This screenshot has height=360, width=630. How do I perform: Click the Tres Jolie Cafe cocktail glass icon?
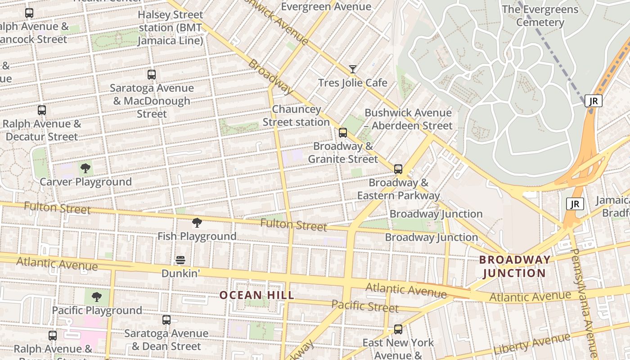pos(353,69)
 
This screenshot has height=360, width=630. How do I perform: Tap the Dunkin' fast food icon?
pos(180,260)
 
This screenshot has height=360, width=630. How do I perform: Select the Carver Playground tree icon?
pos(85,169)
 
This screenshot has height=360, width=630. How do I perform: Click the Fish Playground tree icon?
pos(197,223)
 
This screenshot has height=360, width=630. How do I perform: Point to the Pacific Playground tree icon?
pos(96,297)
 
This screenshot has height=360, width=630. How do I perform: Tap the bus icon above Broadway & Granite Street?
pos(343,133)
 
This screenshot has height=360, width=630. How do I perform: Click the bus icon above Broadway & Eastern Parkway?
pos(398,169)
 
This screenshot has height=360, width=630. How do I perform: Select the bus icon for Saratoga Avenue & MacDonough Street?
pos(152,75)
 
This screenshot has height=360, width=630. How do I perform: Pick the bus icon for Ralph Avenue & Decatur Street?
pos(42,110)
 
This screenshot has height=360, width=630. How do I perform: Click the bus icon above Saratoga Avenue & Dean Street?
pos(166,320)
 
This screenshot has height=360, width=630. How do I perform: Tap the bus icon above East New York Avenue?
pos(398,329)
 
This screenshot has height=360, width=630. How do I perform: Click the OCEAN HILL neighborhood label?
pos(256,295)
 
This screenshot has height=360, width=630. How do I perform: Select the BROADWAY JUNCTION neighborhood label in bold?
pos(514,266)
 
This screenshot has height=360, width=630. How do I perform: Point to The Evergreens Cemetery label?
pos(540,16)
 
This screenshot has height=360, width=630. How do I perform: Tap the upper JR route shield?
pos(593,101)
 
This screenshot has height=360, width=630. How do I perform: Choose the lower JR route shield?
pos(575,204)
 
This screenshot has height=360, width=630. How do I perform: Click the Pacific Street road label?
pos(365,306)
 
